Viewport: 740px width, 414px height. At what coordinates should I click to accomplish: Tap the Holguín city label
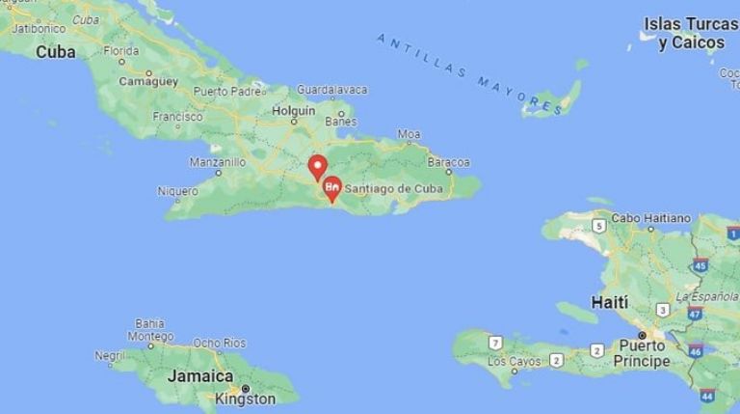pyautogui.click(x=294, y=110)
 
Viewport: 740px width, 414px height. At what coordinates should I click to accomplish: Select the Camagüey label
pyautogui.click(x=148, y=82)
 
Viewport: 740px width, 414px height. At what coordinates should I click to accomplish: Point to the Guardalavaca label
pyautogui.click(x=331, y=90)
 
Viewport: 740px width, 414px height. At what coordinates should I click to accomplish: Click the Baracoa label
pyautogui.click(x=448, y=162)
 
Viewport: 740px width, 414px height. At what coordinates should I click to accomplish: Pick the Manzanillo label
pyautogui.click(x=218, y=162)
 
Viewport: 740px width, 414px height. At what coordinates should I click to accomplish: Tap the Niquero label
pyautogui.click(x=178, y=190)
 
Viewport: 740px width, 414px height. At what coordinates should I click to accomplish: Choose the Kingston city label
pyautogui.click(x=245, y=398)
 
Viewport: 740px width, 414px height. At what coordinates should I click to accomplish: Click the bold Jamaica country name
pyautogui.click(x=200, y=376)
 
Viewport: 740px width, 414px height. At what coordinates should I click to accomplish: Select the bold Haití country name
pyautogui.click(x=610, y=302)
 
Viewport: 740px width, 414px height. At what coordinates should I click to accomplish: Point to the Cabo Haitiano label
pyautogui.click(x=651, y=218)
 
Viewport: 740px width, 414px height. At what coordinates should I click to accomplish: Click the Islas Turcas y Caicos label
pyautogui.click(x=684, y=33)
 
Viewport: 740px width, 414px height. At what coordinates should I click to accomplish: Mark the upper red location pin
pyautogui.click(x=317, y=165)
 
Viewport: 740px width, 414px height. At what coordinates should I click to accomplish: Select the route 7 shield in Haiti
pyautogui.click(x=495, y=343)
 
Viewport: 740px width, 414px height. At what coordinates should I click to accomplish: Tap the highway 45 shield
pyautogui.click(x=700, y=264)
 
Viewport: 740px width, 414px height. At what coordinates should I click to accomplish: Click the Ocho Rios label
pyautogui.click(x=219, y=343)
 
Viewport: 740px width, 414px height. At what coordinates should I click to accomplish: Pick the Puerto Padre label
pyautogui.click(x=227, y=92)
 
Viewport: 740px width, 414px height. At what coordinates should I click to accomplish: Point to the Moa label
pyautogui.click(x=410, y=134)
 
